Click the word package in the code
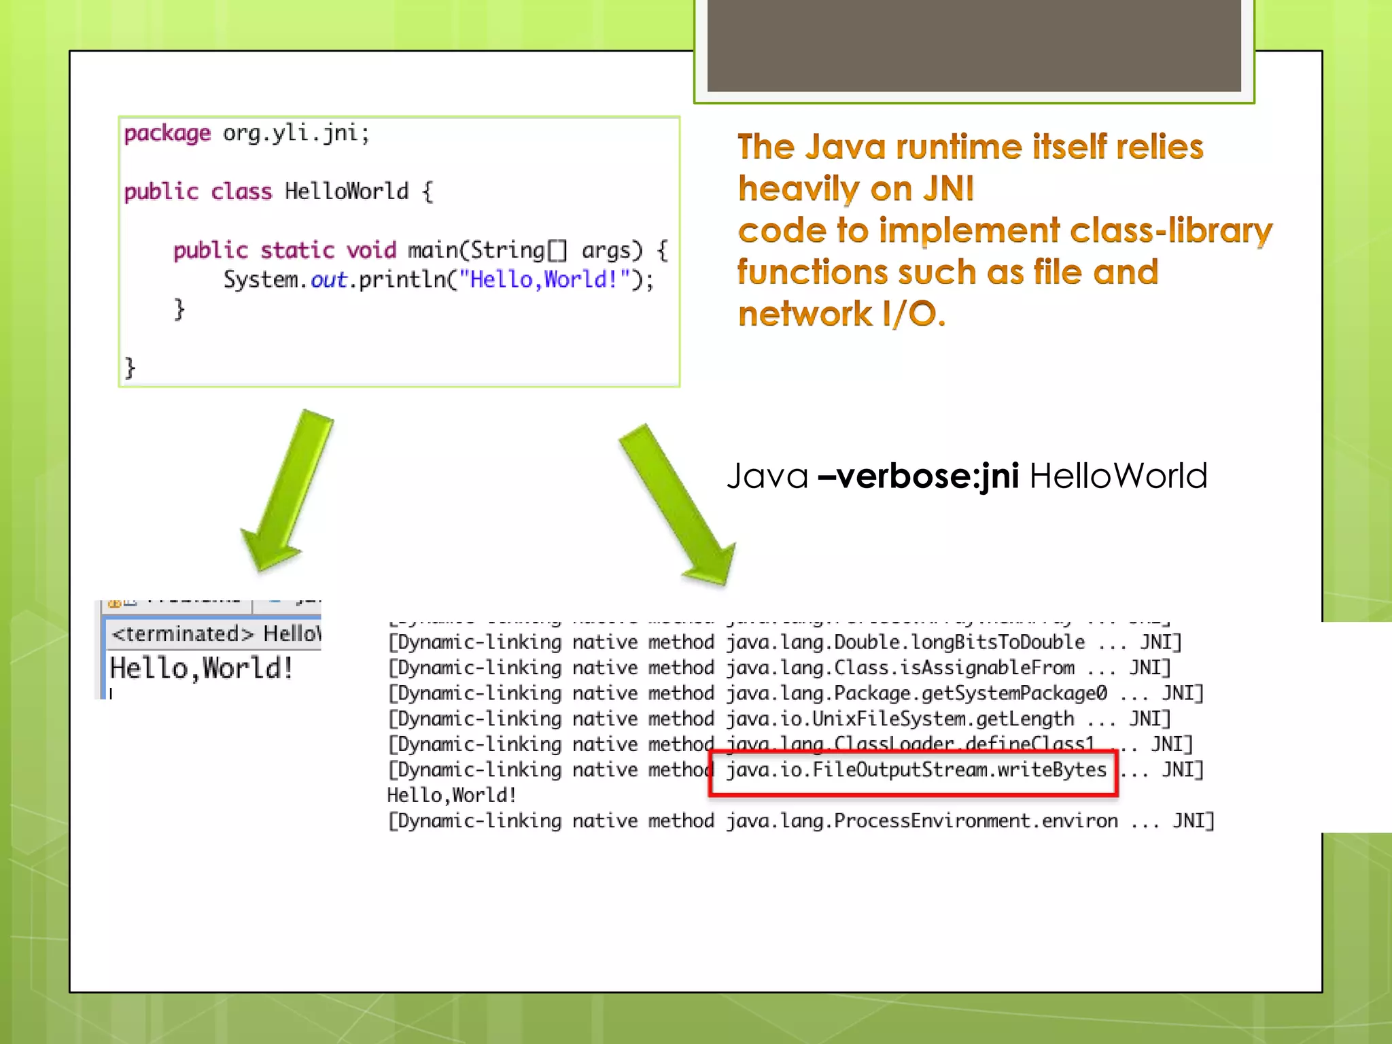click(x=167, y=133)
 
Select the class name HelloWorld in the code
click(x=347, y=192)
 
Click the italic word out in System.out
click(x=329, y=279)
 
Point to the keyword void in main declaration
click(x=371, y=250)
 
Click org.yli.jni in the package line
click(x=296, y=133)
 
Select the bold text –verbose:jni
click(x=918, y=476)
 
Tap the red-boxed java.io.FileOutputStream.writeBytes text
click(x=916, y=770)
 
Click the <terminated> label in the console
click(x=182, y=634)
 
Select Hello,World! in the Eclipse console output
click(x=201, y=668)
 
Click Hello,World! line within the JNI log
click(x=452, y=795)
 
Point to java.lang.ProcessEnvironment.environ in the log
click(x=922, y=821)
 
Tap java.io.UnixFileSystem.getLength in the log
click(x=900, y=719)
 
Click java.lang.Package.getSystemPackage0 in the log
click(x=916, y=693)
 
